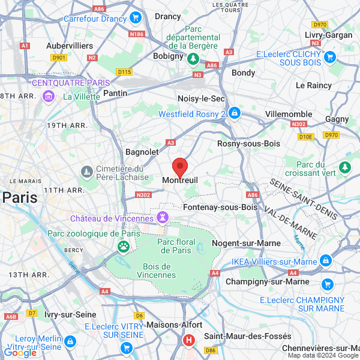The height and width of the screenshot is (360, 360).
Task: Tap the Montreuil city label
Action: (180, 181)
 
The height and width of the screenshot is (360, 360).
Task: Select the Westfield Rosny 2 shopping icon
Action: (235, 113)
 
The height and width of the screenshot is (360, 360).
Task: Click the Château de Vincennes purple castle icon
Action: (163, 216)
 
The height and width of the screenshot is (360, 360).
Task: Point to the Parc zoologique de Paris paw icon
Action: (124, 246)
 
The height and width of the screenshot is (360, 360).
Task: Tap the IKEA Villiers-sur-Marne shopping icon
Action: (326, 260)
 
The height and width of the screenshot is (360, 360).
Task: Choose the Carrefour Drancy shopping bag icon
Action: (136, 18)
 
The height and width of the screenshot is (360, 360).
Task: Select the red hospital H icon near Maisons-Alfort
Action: (189, 341)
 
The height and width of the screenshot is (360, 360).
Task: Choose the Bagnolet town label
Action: (142, 152)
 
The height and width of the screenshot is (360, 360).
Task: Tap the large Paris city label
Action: (19, 197)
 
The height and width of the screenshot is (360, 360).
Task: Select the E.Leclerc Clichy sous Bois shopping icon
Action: (329, 58)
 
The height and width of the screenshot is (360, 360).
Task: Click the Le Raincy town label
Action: (314, 86)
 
